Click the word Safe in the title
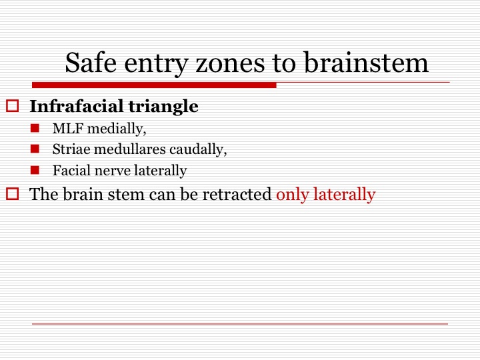coord(91,63)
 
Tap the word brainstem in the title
coord(366,63)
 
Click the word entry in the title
coord(156,65)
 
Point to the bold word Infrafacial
coord(76,106)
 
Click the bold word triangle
coord(163,107)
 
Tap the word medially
coord(117,129)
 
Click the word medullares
coord(131,149)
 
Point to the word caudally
coord(199,150)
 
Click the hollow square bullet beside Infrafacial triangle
coord(12,105)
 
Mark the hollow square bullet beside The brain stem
coord(12,194)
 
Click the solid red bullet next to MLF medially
coord(35,128)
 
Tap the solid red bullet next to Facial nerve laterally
coord(35,170)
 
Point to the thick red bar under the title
coord(154,85)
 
